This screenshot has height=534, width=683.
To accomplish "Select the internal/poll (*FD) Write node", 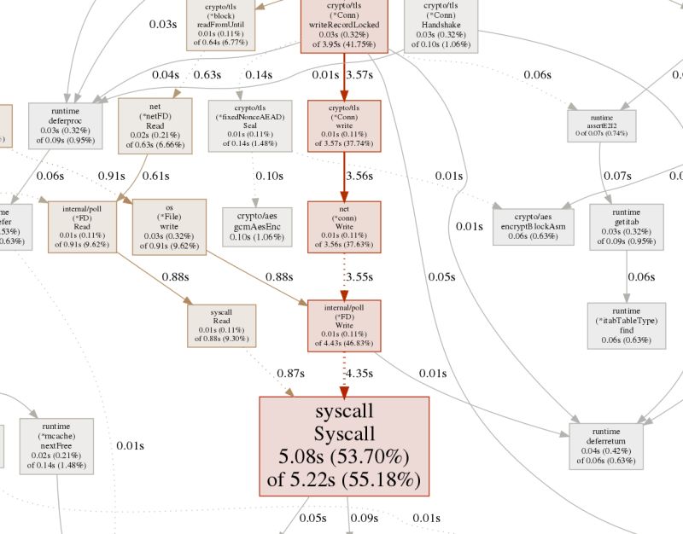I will click(343, 326).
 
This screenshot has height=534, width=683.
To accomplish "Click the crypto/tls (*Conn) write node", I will click(343, 127).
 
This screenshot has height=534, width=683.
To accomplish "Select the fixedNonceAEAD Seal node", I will click(250, 126).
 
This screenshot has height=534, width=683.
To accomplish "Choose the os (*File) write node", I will click(170, 226).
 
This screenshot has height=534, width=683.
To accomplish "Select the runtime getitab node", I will click(626, 226).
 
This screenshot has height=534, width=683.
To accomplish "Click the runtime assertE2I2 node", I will click(602, 126).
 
